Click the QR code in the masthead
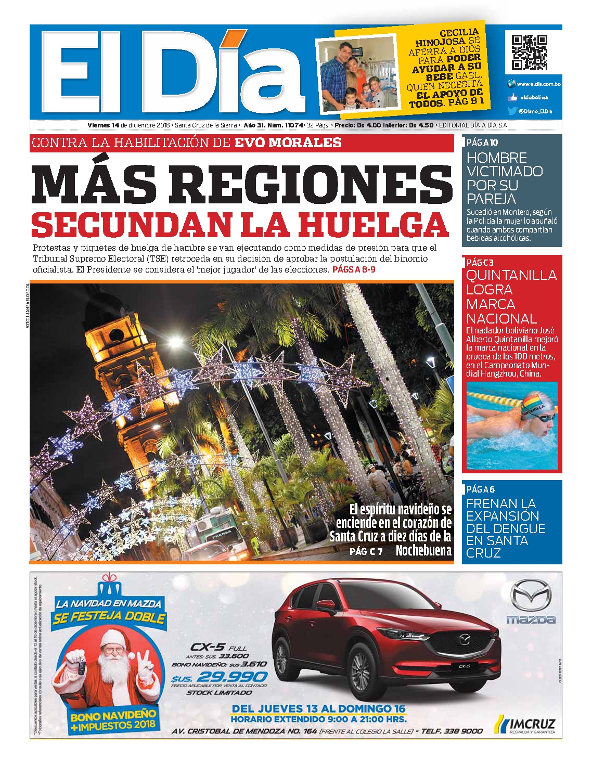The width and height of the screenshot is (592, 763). pyautogui.click(x=529, y=53)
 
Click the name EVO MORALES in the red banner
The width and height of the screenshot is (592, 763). pyautogui.click(x=288, y=143)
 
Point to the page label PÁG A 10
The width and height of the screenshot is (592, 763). pyautogui.click(x=482, y=143)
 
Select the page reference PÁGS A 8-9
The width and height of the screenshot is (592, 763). pyautogui.click(x=353, y=270)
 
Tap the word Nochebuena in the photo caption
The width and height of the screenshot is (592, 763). pyautogui.click(x=423, y=551)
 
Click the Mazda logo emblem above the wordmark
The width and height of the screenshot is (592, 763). pyautogui.click(x=530, y=596)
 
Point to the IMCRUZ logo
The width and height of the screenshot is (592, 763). pyautogui.click(x=525, y=725)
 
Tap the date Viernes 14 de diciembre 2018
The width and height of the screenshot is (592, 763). pyautogui.click(x=129, y=125)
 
